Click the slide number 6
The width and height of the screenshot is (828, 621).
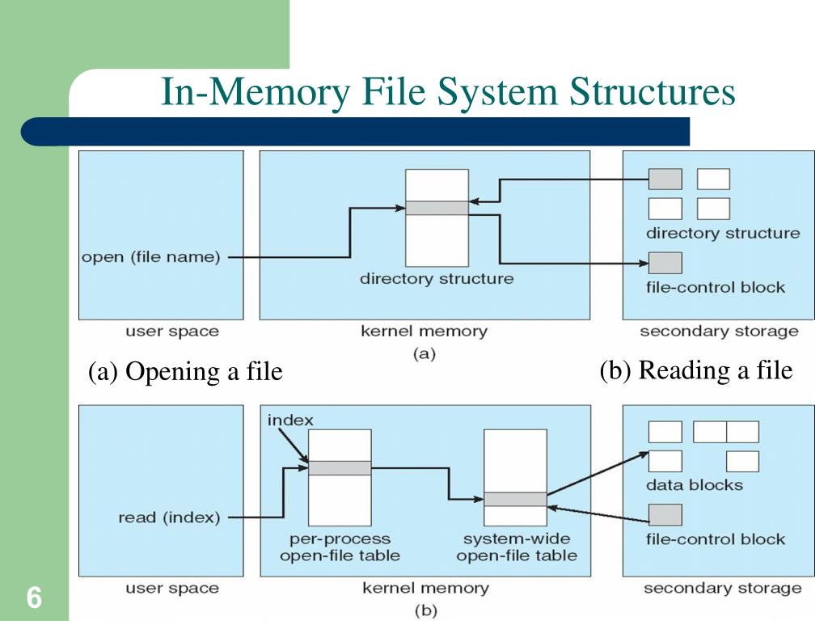(x=34, y=599)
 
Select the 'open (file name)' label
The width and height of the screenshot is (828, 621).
(x=150, y=257)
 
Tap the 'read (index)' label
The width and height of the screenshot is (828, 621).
(x=169, y=517)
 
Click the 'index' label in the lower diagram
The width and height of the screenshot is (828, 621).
(x=289, y=420)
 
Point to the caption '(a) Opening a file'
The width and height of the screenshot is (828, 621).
(x=185, y=371)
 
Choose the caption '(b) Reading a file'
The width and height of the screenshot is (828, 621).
(x=695, y=370)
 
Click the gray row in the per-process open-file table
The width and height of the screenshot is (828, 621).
(x=340, y=467)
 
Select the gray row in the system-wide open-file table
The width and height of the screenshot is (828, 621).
(x=515, y=499)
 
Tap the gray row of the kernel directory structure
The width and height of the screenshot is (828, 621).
(x=437, y=208)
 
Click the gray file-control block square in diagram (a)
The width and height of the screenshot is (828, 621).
(x=665, y=262)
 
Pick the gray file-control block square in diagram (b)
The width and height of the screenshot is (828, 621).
(x=665, y=514)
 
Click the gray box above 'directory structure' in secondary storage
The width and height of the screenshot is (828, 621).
(x=665, y=179)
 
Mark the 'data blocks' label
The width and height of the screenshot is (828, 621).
(x=694, y=485)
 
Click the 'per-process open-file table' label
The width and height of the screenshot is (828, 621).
(x=340, y=547)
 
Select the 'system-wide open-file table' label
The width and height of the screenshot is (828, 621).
(x=516, y=547)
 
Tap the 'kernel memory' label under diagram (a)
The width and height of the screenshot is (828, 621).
(x=424, y=332)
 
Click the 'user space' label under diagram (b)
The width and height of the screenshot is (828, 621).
(x=171, y=588)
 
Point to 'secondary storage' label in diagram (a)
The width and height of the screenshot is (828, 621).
(x=718, y=332)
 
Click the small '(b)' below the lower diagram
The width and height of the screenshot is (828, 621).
(x=424, y=610)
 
